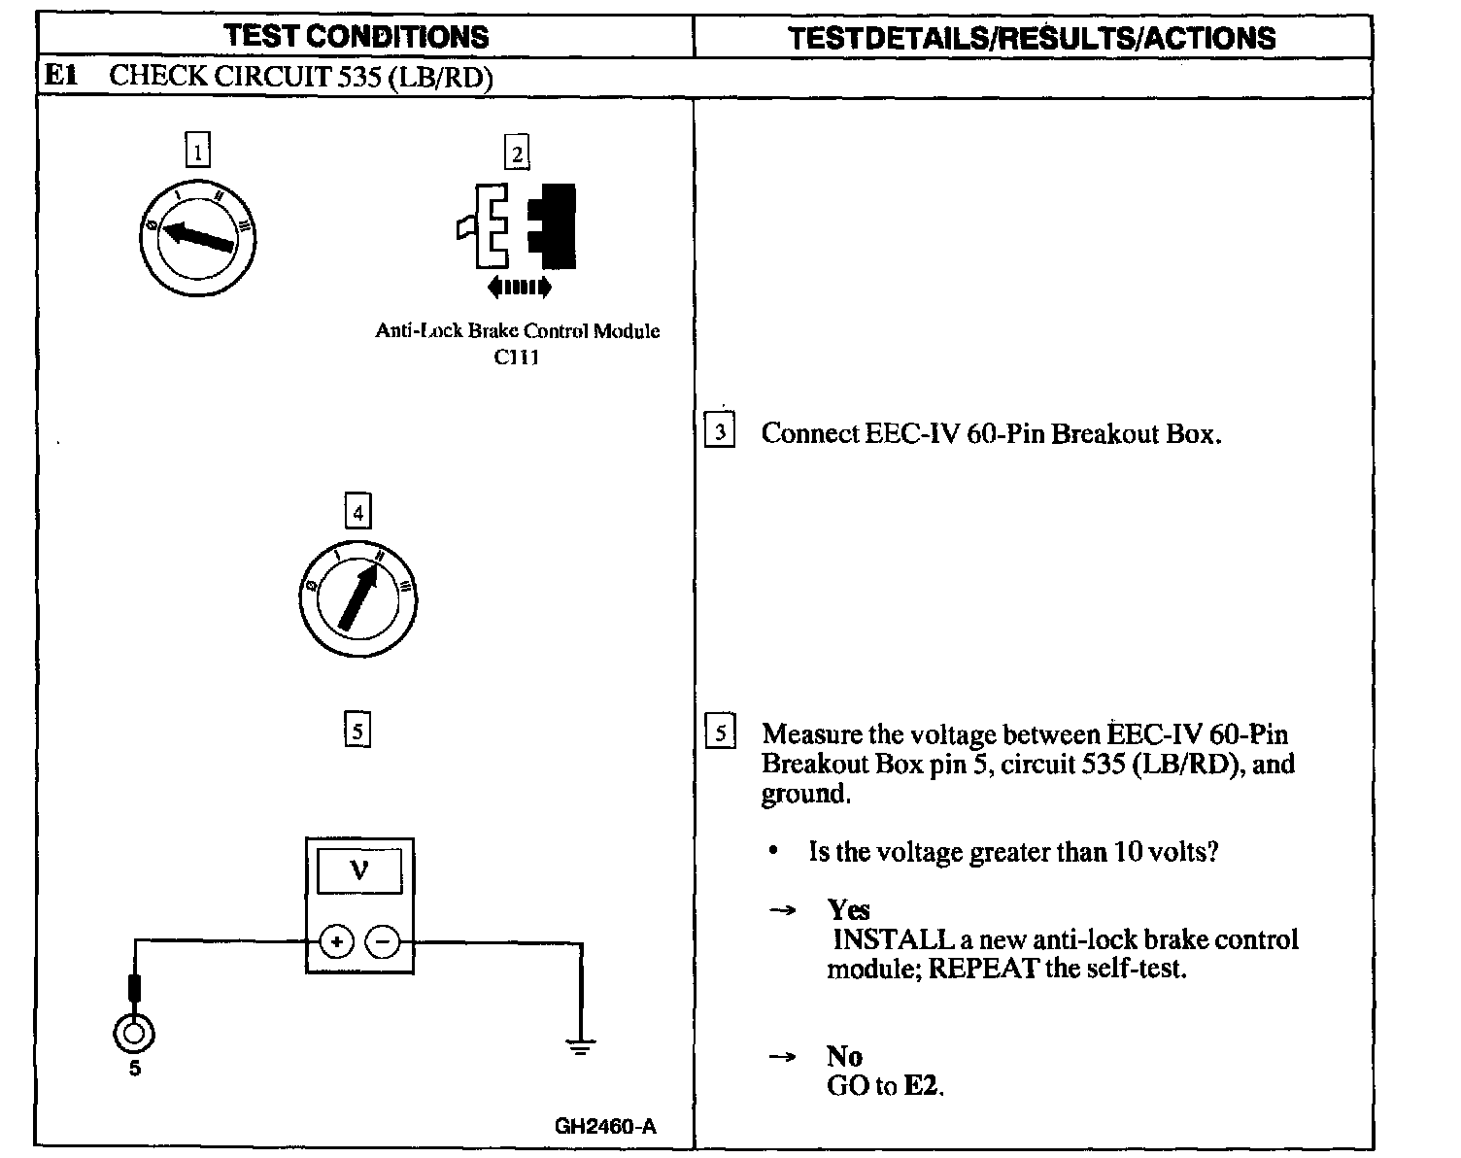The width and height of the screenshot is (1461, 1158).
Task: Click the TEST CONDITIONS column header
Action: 357,37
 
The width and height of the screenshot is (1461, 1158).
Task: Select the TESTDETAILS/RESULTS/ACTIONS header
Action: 1032,38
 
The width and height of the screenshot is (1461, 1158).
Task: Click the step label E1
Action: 60,76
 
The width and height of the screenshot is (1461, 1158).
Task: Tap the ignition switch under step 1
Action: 197,236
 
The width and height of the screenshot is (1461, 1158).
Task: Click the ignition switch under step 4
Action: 358,596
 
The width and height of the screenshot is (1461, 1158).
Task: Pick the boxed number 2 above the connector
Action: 517,153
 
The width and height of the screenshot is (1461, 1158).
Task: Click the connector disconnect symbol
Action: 519,225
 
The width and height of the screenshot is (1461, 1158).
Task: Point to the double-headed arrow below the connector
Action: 519,287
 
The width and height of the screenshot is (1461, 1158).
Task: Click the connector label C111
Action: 517,357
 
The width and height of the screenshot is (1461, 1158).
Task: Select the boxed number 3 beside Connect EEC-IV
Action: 720,431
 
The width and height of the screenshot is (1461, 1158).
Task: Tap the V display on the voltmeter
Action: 358,869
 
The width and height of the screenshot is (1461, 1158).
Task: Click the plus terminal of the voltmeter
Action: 336,941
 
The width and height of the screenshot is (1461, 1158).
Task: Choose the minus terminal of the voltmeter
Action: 383,941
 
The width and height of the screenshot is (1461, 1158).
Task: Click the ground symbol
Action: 581,1045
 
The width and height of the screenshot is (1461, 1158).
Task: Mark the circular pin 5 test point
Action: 134,1033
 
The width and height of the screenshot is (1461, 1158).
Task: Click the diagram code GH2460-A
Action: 605,1127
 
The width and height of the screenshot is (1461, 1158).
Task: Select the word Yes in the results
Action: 848,910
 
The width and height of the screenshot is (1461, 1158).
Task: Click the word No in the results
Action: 844,1056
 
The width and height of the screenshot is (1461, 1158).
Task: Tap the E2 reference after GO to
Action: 922,1086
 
